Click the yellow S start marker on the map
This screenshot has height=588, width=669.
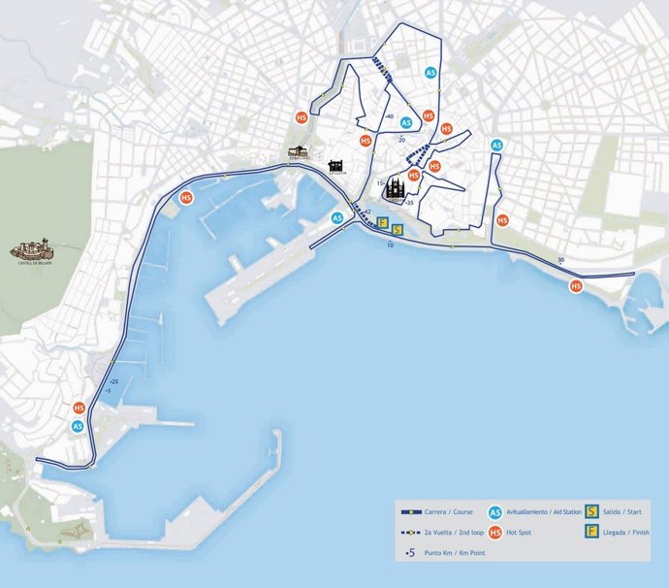397,230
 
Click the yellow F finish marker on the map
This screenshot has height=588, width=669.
383,223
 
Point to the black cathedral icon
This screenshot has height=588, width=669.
395,187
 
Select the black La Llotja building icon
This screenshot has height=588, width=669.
335,168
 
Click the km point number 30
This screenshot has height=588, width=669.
560,259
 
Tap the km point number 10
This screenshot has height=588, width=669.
390,245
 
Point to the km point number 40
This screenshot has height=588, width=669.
389,116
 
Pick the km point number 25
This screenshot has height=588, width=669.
114,381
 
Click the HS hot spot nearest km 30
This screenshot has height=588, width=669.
576,286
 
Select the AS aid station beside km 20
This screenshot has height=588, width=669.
406,123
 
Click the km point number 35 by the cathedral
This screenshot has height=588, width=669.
410,203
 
